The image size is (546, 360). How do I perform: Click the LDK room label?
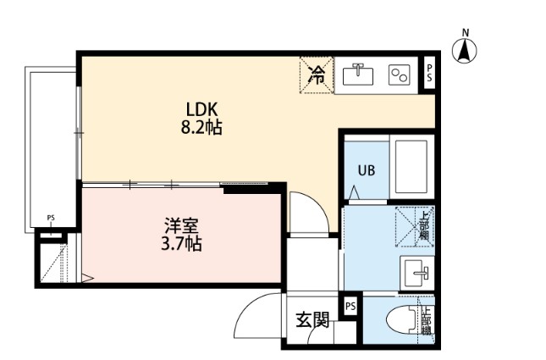click(202, 109)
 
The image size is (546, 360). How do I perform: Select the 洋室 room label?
click(183, 227)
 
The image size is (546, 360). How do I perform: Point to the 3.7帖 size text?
click(183, 246)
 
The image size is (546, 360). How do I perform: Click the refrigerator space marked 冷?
click(316, 75)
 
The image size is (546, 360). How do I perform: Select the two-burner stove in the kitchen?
click(399, 75)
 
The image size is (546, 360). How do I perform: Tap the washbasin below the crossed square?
click(416, 273)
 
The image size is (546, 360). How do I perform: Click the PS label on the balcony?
click(51, 218)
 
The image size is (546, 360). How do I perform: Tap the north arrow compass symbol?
click(465, 52)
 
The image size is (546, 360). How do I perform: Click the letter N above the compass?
click(465, 33)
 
